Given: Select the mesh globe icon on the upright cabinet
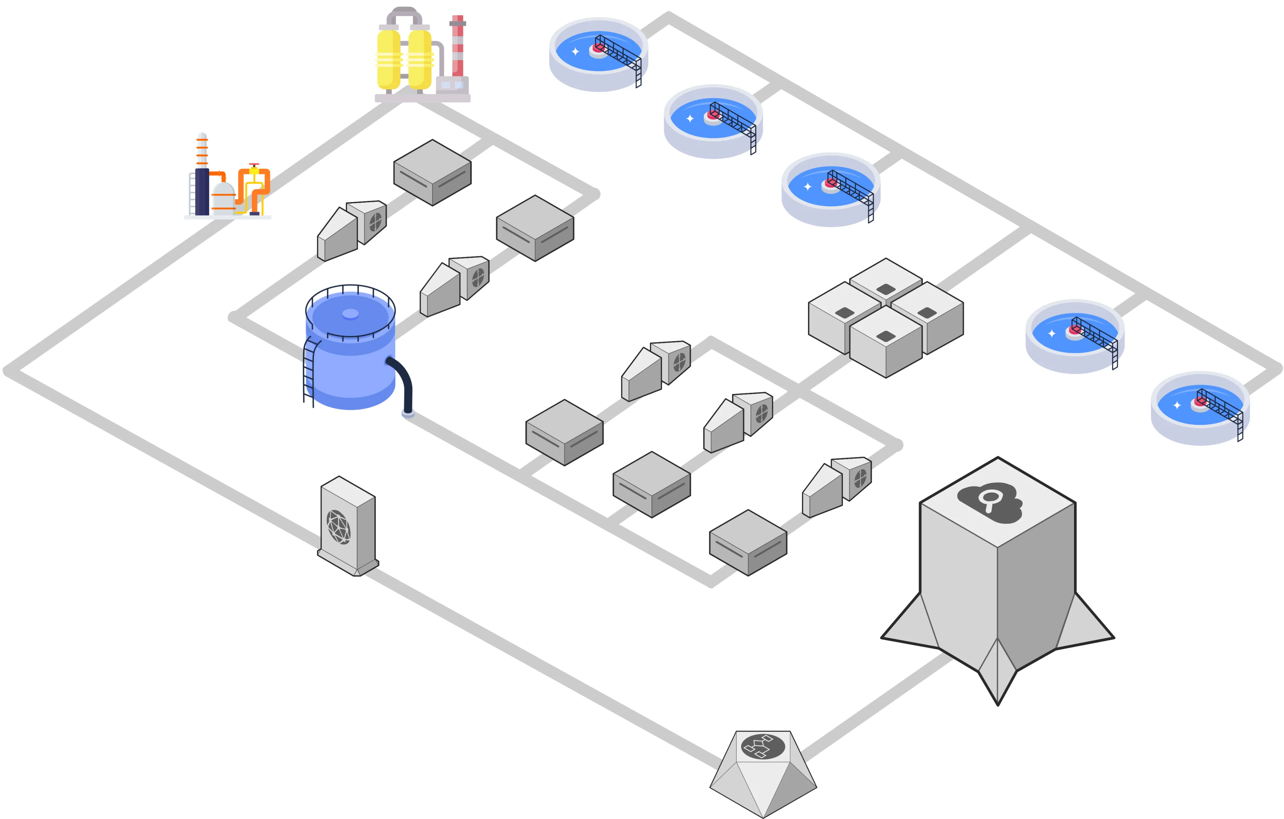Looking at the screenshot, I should [x=339, y=526].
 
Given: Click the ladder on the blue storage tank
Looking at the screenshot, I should [x=309, y=370].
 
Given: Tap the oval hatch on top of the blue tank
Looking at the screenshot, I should [x=350, y=314].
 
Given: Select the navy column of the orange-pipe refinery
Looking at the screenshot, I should [x=202, y=191].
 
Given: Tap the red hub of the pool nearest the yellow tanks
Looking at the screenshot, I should [x=598, y=49].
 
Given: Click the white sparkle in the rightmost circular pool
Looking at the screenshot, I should [x=1177, y=406].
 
